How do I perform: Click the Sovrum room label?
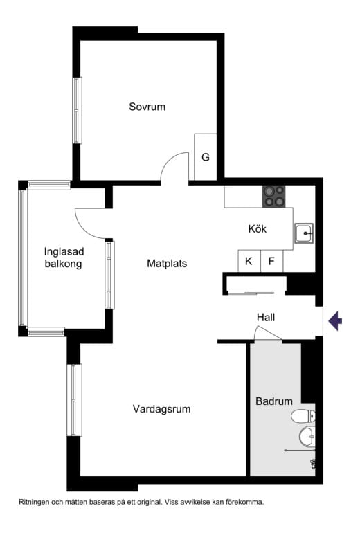(147, 107)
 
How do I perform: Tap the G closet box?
(206, 157)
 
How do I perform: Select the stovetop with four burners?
(273, 197)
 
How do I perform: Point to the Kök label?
(258, 229)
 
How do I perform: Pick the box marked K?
(249, 262)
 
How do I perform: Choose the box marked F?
(272, 262)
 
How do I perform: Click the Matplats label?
(167, 264)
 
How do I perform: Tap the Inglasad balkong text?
(63, 258)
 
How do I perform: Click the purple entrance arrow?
(335, 320)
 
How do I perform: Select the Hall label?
(266, 318)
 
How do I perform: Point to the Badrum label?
(274, 401)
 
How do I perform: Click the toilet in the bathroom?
(303, 416)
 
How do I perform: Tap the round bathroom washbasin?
(307, 437)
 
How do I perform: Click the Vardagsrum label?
(161, 409)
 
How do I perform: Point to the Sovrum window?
(77, 110)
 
